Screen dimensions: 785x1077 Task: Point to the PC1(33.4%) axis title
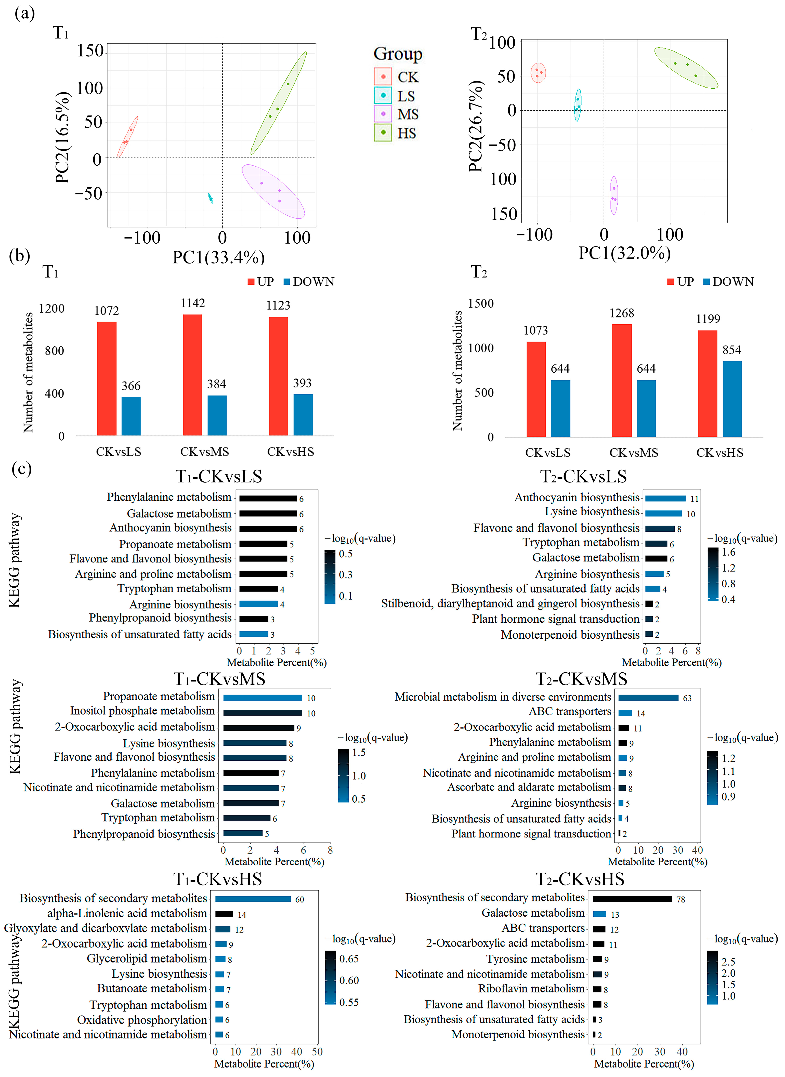219,257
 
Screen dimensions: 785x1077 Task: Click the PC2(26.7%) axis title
476,126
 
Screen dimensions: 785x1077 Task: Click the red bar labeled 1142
192,375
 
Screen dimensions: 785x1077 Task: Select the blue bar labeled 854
732,399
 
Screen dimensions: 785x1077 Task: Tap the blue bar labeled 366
131,416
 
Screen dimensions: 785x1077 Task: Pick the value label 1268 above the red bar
622,313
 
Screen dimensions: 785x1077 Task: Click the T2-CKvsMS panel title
582,679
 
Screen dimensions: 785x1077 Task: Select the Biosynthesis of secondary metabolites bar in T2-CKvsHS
633,899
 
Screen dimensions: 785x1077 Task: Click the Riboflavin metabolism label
531,989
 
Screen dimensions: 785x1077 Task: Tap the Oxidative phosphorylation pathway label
142,1020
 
